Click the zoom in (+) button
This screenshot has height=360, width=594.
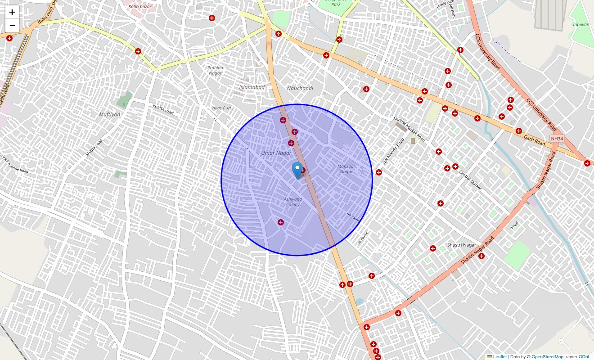pyautogui.click(x=12, y=12)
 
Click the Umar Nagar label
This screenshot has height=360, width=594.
pyautogui.click(x=276, y=153)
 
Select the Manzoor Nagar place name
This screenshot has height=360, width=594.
pyautogui.click(x=346, y=169)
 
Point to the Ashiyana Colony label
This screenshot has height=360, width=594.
pyautogui.click(x=293, y=202)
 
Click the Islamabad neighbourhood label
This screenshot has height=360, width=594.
pyautogui.click(x=252, y=87)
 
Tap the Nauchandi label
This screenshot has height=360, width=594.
pyautogui.click(x=300, y=88)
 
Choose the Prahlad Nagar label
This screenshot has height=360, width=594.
pyautogui.click(x=215, y=70)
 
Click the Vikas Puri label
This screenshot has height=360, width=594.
pyautogui.click(x=221, y=108)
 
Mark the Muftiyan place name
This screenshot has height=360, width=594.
pyautogui.click(x=110, y=114)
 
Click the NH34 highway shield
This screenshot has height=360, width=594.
pyautogui.click(x=557, y=139)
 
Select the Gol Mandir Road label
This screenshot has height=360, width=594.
pyautogui.click(x=393, y=151)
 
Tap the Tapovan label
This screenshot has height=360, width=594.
pyautogui.click(x=580, y=25)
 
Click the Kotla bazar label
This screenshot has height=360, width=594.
pyautogui.click(x=140, y=7)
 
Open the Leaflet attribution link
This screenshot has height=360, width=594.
pyautogui.click(x=499, y=356)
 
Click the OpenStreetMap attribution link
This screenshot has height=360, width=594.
pyautogui.click(x=547, y=356)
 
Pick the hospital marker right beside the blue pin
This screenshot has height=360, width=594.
pyautogui.click(x=303, y=170)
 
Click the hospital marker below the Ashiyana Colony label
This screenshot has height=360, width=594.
pyautogui.click(x=281, y=222)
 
